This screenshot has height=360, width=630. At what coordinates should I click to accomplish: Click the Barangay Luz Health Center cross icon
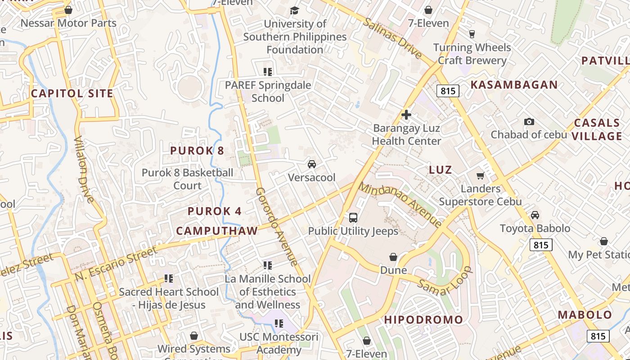(406, 115)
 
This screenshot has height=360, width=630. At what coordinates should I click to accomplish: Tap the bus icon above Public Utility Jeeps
(353, 218)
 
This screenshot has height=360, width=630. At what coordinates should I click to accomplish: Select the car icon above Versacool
(311, 164)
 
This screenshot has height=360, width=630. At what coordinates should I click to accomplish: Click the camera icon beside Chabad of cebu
(529, 121)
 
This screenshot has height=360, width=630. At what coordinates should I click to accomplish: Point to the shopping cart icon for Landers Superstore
(480, 175)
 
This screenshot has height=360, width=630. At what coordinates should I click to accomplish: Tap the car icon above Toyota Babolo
(535, 215)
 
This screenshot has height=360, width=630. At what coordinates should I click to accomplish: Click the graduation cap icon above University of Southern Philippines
(294, 10)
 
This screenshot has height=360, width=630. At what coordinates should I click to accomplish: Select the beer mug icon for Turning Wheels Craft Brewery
(472, 34)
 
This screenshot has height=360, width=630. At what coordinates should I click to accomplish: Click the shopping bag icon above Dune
(393, 257)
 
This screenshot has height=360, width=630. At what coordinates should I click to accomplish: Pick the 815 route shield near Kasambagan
(448, 91)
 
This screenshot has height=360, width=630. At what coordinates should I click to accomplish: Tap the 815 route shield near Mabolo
(598, 336)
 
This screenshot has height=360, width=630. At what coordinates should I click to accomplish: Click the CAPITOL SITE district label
(72, 94)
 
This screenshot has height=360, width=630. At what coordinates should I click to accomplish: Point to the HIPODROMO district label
(423, 320)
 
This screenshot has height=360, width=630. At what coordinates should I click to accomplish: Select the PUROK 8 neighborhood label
(197, 151)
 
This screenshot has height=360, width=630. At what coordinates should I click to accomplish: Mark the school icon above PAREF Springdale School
(268, 72)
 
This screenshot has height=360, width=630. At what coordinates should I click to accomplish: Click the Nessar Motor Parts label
(68, 23)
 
